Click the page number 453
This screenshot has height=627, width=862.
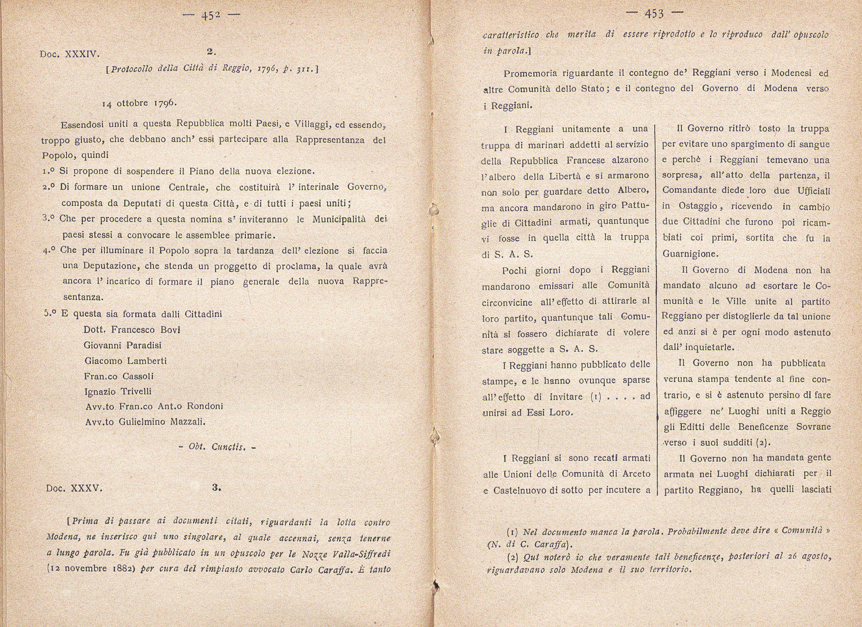654,14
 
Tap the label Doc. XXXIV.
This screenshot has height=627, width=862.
69,54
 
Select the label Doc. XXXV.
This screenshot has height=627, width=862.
74,488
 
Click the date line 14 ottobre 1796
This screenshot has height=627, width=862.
138,103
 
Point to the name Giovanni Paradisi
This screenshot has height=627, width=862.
122,345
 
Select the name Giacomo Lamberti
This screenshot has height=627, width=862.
125,361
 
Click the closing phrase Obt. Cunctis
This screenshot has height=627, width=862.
217,447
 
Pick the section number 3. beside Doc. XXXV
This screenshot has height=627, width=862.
216,488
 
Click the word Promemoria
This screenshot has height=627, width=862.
529,73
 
